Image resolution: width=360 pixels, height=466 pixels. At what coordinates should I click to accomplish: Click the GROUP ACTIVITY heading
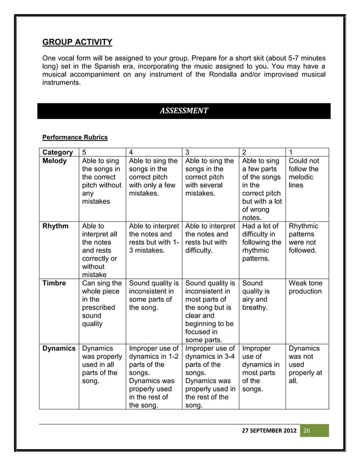pos(78,42)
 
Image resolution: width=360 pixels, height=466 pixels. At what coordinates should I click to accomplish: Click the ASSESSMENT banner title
pos(184,110)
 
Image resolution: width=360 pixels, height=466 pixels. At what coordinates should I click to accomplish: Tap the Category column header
pos(58,152)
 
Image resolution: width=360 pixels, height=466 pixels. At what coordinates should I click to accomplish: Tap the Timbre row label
pos(55,283)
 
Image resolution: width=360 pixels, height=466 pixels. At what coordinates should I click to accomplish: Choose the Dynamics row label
pos(59,349)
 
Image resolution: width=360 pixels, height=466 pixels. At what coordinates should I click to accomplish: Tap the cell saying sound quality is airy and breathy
pos(256,295)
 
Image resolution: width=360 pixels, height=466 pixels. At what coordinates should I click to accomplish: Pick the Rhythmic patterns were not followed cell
pos(305,238)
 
